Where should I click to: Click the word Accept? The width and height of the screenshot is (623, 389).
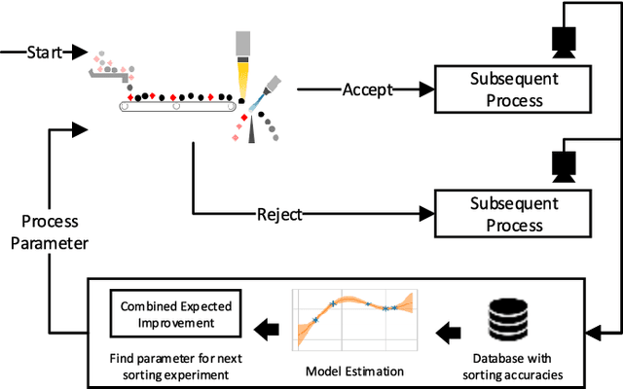(367, 89)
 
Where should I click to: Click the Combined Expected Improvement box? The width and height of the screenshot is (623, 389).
(176, 314)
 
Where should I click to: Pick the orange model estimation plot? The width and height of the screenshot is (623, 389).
(355, 318)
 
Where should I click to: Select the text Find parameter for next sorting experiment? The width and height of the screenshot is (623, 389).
(176, 364)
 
